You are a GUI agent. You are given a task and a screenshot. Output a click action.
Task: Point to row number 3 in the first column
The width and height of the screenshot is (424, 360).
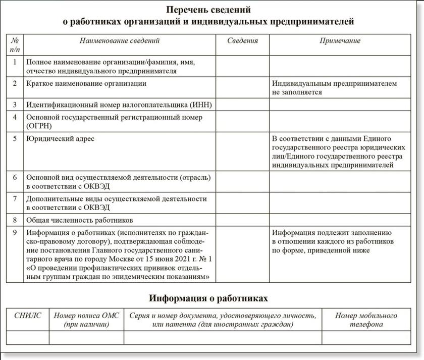coord(15,105)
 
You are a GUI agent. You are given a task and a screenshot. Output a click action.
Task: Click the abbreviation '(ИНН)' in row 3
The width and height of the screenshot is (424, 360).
coord(200,105)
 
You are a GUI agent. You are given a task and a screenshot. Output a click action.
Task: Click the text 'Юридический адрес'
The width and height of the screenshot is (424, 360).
coord(60,138)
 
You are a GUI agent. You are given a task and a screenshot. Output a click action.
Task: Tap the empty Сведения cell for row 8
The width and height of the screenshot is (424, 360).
coord(242,220)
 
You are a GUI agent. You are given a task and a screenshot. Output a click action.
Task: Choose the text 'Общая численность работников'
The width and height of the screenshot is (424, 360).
coord(79,221)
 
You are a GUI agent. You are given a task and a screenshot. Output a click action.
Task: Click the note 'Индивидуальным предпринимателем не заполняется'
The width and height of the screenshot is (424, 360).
coord(334,88)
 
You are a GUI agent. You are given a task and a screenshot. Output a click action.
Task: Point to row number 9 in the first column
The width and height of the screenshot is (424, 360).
coord(15,233)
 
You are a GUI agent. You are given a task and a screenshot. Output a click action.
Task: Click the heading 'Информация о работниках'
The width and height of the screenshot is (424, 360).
coord(208,298)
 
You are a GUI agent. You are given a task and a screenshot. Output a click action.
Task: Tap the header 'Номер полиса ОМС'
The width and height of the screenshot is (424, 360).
coord(87,316)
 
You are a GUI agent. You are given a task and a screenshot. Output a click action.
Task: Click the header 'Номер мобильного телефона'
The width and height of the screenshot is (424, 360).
coord(366,320)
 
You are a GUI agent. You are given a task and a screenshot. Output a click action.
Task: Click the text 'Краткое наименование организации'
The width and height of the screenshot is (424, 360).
coord(86,83)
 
